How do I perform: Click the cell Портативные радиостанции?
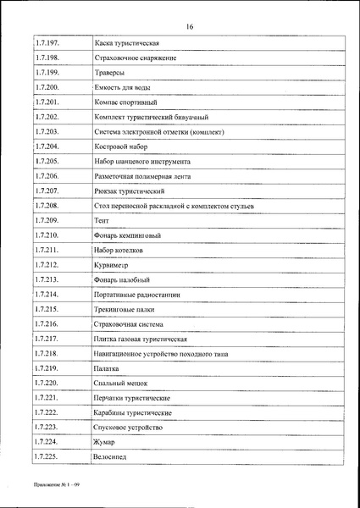click(137, 295)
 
